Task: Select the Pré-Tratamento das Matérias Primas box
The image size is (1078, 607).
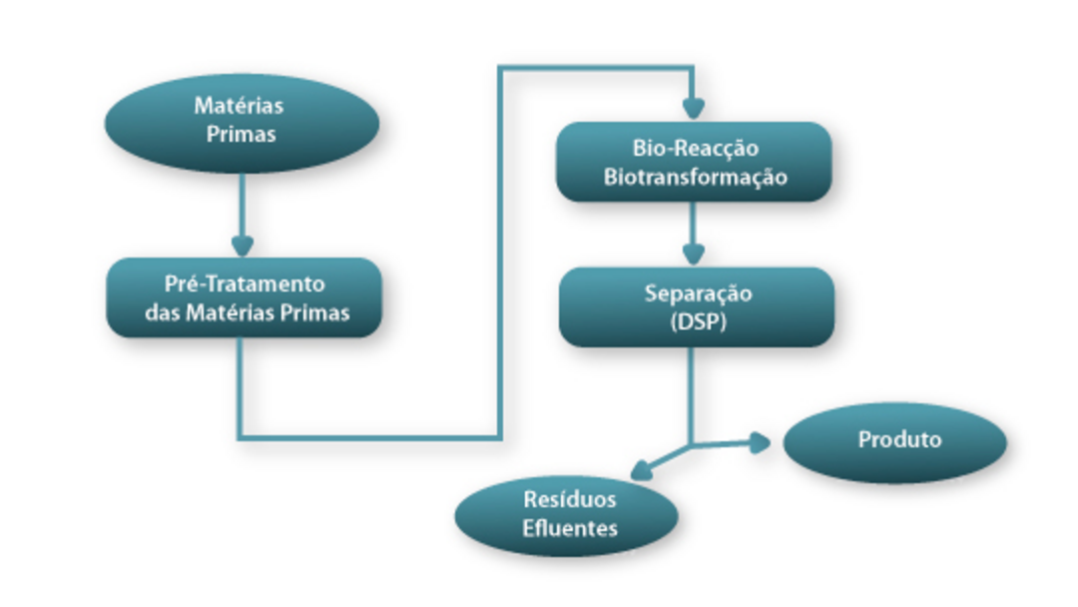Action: (245, 298)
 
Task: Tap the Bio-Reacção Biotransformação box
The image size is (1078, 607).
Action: (695, 162)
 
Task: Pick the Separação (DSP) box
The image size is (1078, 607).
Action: (696, 306)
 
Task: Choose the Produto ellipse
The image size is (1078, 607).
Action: (895, 440)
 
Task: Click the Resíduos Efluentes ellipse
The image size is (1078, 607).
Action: (567, 514)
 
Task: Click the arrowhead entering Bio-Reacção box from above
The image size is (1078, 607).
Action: (694, 109)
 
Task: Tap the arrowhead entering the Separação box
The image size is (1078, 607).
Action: (694, 254)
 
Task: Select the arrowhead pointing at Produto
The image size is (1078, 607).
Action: (760, 441)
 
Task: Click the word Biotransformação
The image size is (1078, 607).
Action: (696, 177)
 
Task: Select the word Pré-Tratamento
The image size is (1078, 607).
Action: (245, 284)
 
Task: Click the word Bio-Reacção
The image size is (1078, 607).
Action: (696, 148)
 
